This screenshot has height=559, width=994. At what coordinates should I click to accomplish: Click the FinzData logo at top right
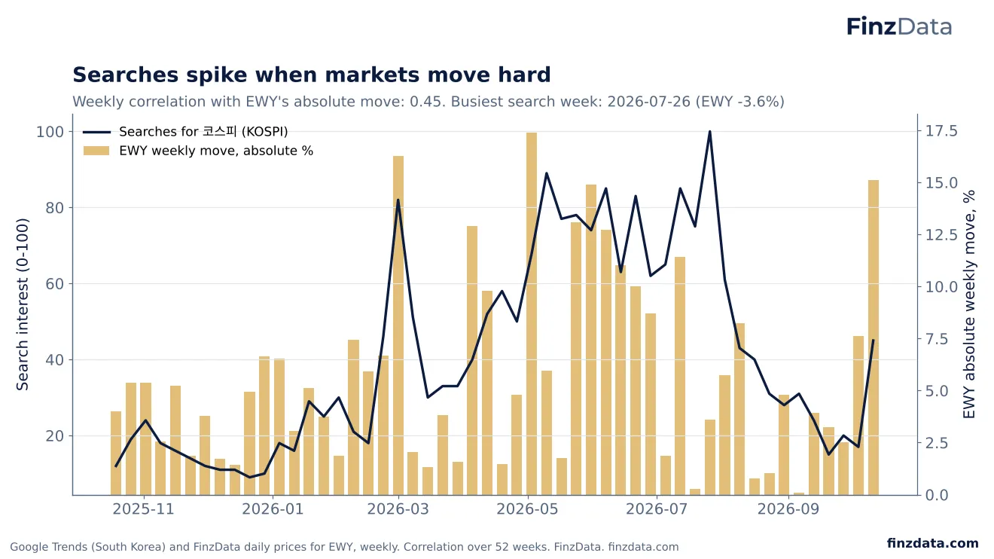click(898, 26)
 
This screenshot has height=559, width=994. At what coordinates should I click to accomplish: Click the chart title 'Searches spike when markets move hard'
click(312, 75)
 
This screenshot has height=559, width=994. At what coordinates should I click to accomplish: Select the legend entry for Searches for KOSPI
click(185, 132)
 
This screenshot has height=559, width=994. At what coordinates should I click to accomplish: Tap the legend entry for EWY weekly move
click(198, 151)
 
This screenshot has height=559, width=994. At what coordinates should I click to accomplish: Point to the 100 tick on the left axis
click(50, 132)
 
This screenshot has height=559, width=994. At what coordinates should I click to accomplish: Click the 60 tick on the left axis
click(54, 284)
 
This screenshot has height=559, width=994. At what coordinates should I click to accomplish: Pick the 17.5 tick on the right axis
click(941, 131)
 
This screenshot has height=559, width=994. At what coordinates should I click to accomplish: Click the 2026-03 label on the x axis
click(398, 509)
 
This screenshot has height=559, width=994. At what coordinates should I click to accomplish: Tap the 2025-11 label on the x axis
click(143, 509)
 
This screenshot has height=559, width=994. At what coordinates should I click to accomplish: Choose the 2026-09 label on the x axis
click(788, 509)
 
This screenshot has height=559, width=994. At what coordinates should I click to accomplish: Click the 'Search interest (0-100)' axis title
click(22, 304)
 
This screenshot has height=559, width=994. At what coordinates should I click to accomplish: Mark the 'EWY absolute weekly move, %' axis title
click(970, 304)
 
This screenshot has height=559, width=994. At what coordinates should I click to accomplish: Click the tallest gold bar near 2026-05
click(532, 313)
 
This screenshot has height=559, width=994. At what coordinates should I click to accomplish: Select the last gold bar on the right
click(874, 338)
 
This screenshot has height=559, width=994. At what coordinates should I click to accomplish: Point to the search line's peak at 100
click(709, 132)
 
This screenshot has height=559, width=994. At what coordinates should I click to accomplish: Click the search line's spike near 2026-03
click(398, 200)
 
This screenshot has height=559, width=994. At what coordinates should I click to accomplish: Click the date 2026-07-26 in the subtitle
click(649, 102)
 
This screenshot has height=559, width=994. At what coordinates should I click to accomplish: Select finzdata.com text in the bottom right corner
click(933, 543)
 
